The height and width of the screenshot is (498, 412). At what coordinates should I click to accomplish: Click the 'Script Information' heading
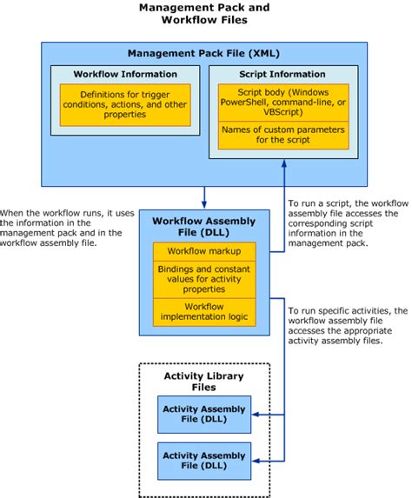281,74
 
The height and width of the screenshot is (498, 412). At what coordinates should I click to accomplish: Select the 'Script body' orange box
281,101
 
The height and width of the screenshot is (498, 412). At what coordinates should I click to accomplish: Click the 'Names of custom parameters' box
281,135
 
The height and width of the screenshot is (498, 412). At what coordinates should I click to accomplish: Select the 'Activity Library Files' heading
203,382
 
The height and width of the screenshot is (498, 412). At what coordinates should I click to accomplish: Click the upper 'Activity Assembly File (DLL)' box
203,415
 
